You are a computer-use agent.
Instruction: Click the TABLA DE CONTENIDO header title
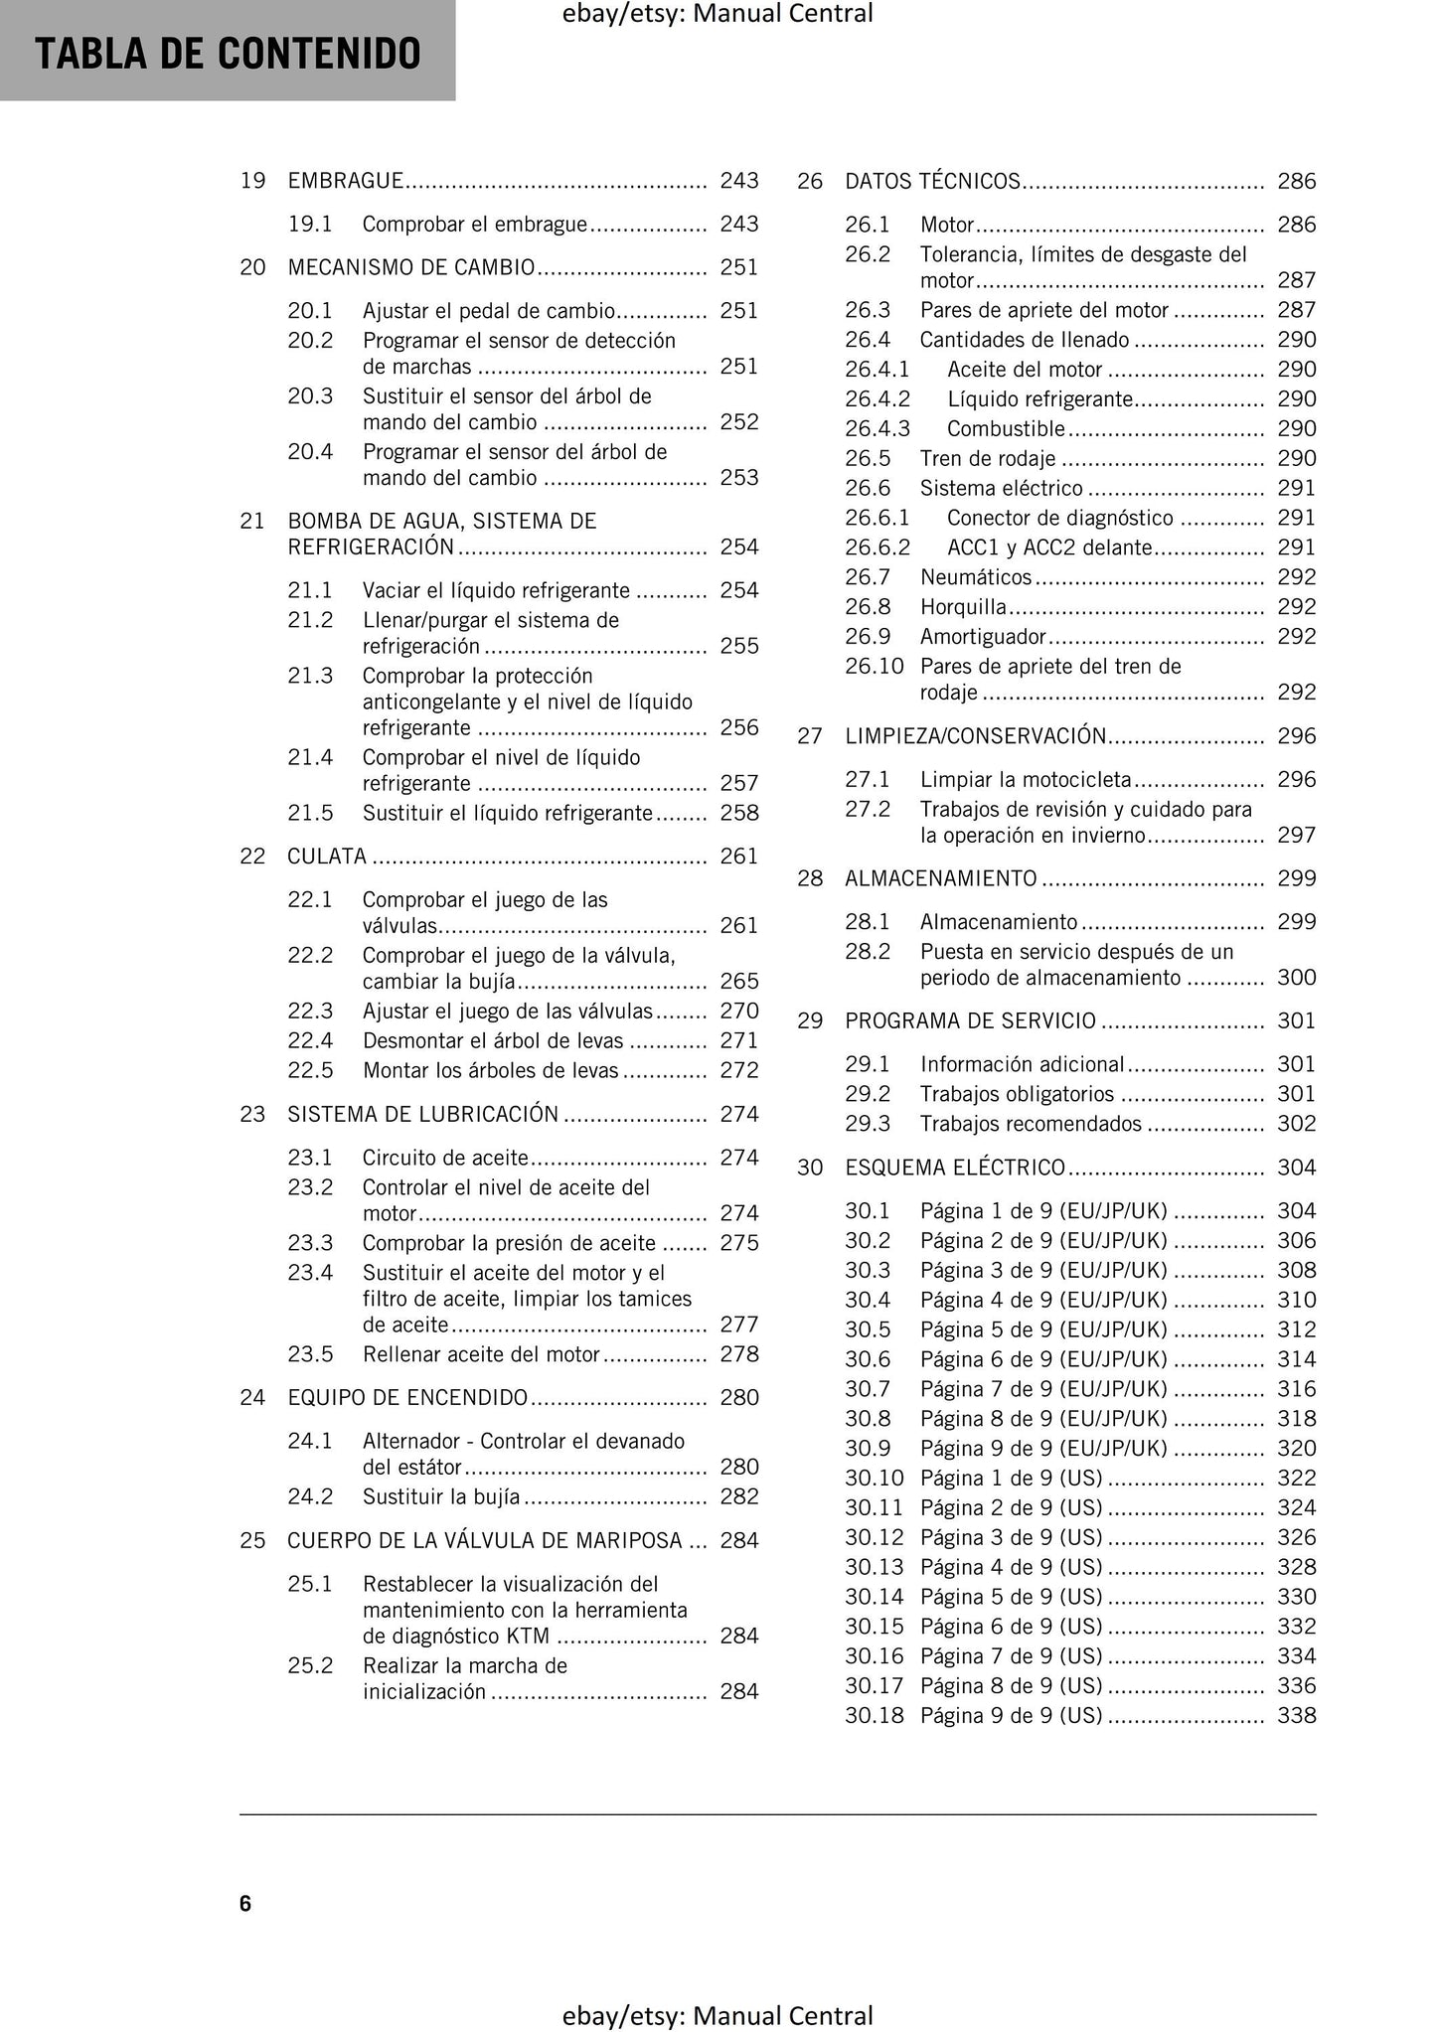click(x=228, y=54)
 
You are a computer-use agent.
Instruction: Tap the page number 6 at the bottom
click(x=245, y=1903)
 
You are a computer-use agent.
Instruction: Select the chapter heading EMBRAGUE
click(x=345, y=181)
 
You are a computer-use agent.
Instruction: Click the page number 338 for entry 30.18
click(x=1296, y=1716)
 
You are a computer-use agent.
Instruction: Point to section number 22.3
click(x=310, y=1012)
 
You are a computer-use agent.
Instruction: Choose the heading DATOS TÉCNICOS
click(x=932, y=181)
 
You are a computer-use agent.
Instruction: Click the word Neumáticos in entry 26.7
click(x=976, y=577)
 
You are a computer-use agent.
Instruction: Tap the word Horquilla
click(x=963, y=607)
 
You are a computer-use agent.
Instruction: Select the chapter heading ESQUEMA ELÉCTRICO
click(x=955, y=1168)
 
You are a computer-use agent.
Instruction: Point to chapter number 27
click(x=810, y=736)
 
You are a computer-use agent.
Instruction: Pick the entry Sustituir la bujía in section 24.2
click(x=440, y=1497)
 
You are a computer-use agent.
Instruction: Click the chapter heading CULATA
click(x=327, y=857)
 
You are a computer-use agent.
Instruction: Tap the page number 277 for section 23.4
click(x=738, y=1325)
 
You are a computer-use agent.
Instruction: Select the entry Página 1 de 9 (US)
click(x=1011, y=1479)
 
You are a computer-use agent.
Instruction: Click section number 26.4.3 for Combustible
click(x=878, y=429)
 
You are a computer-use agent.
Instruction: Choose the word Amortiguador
click(x=983, y=637)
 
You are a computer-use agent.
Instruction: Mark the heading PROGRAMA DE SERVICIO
click(x=970, y=1021)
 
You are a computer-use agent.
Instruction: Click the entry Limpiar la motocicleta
click(x=1026, y=780)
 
